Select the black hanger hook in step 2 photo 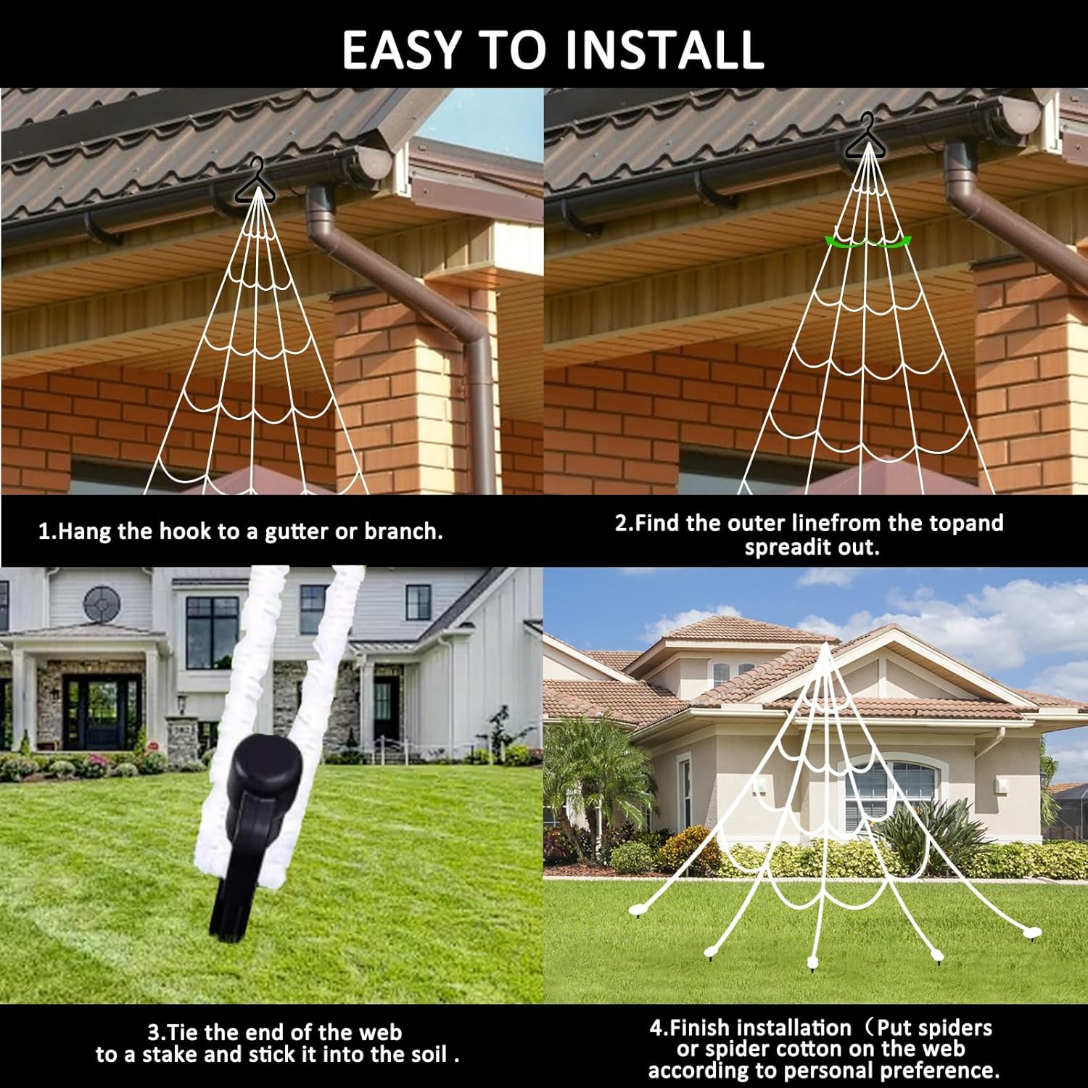coord(866,139)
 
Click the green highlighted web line coord(867,242)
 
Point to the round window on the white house coord(102,603)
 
